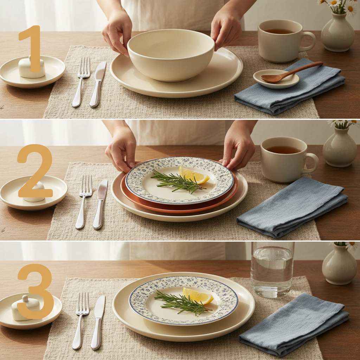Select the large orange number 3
36,291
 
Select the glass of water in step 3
272,269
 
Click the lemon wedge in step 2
193,175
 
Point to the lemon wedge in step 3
197,296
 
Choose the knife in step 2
100,204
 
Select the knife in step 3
97,322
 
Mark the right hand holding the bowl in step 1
227,28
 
